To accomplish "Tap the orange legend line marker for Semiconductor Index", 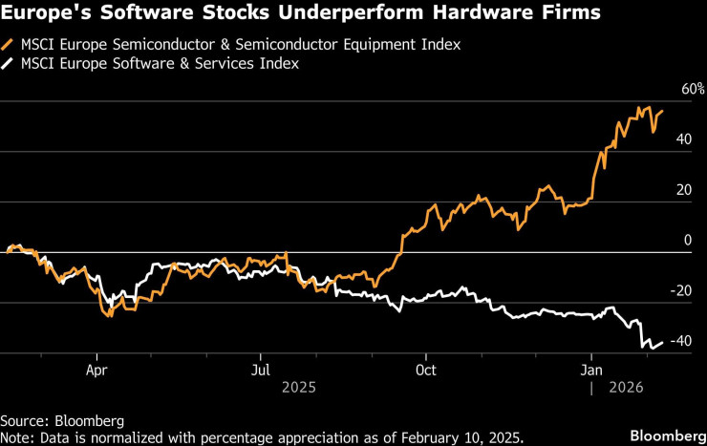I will [9, 45].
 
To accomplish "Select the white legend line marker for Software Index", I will [9, 64].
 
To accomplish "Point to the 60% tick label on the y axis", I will [693, 90].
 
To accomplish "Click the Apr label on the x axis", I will [96, 368].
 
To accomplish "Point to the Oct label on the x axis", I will [425, 368].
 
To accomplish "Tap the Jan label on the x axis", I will [591, 368].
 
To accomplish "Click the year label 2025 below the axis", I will [299, 387].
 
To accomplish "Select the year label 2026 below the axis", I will [628, 387].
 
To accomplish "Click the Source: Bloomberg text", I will [62, 420].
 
